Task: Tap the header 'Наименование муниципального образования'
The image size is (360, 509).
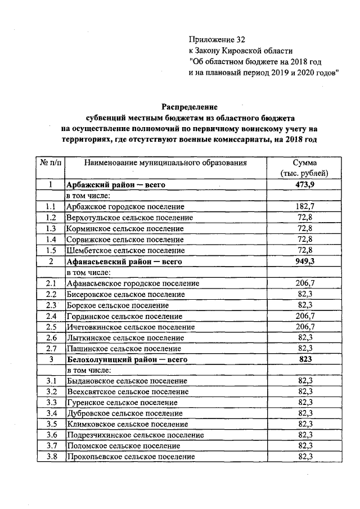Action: [165, 163]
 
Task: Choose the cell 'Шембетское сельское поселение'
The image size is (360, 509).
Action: [125, 250]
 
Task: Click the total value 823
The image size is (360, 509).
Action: [304, 359]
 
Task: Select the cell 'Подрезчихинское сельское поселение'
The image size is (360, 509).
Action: [135, 435]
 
